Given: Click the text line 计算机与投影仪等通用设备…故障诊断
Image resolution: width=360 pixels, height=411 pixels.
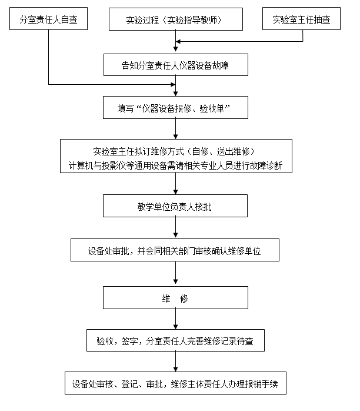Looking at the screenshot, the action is [x=175, y=165].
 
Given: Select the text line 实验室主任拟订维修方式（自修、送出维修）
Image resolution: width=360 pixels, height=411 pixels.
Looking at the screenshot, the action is [x=174, y=151].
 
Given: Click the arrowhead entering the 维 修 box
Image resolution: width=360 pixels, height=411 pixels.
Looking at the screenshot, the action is [x=175, y=282].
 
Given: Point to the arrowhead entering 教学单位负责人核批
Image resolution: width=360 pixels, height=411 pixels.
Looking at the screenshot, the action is [x=175, y=192].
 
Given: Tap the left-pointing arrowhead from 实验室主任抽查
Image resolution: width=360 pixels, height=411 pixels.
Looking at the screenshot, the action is [x=178, y=41].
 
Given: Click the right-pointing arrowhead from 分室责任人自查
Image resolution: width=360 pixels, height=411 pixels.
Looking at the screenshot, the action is [x=173, y=84].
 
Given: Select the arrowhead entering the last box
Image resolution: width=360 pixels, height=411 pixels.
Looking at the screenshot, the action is [x=175, y=369].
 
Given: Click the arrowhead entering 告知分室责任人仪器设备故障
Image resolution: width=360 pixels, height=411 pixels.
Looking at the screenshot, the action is [x=175, y=49].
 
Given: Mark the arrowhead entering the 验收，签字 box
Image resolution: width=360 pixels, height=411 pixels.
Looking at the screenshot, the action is [x=175, y=327].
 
